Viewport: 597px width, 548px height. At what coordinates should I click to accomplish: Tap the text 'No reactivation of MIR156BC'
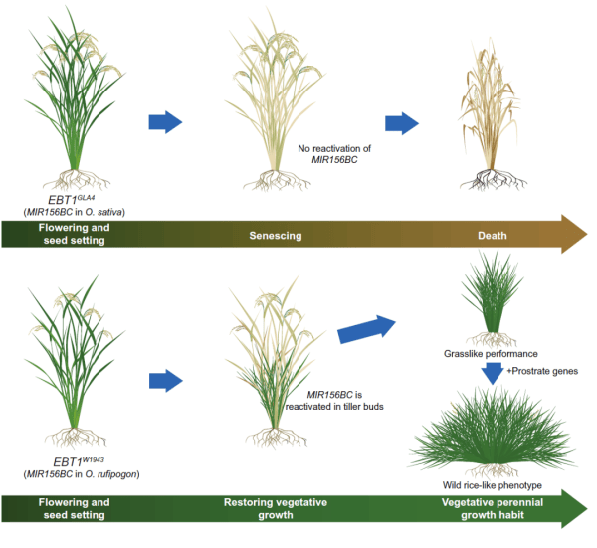[334, 154]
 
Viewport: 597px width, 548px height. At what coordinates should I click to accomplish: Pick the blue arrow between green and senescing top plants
[165, 122]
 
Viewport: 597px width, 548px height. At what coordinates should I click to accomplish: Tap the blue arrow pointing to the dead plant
[402, 122]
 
